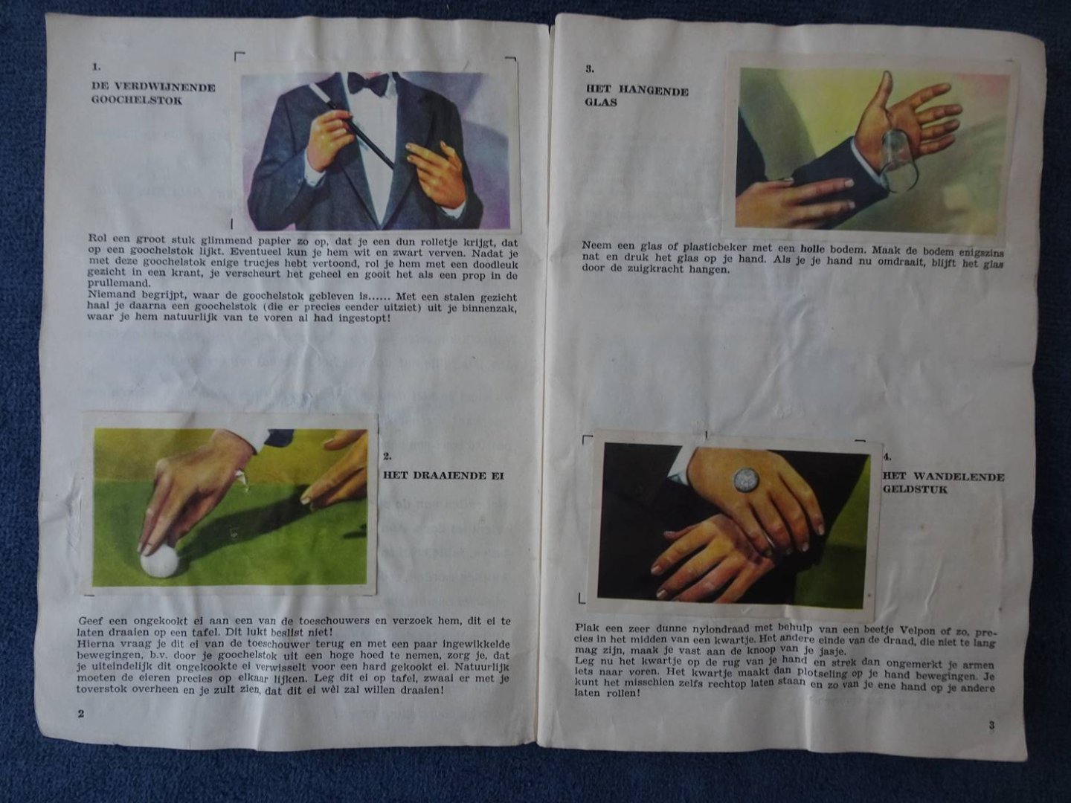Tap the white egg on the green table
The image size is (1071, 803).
160,561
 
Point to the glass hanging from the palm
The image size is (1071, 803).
898,168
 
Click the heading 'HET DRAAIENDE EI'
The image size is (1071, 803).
443,475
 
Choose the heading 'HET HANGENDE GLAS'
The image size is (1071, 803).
637,97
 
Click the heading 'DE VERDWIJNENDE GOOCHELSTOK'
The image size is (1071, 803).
153,94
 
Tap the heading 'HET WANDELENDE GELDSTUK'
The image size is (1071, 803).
943,483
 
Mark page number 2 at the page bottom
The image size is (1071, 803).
81,714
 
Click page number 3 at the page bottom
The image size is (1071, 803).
991,725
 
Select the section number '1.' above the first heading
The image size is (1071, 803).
96,67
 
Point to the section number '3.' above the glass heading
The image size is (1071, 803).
590,69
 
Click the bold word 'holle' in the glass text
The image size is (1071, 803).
812,248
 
